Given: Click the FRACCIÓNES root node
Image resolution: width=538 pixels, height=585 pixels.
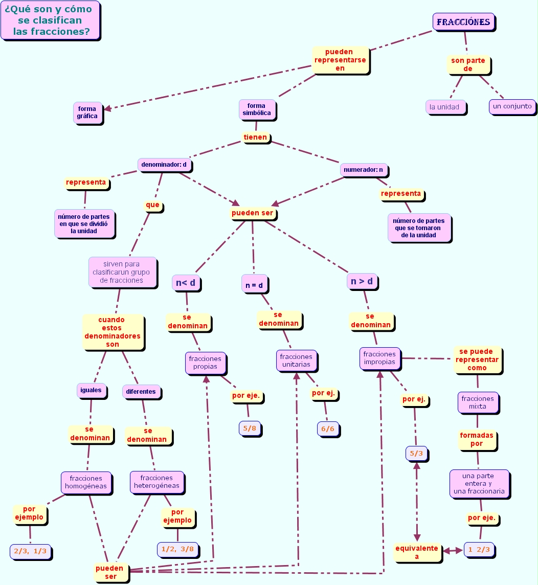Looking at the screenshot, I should point(463,22).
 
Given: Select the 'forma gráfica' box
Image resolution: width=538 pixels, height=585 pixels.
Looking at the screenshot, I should point(87,112).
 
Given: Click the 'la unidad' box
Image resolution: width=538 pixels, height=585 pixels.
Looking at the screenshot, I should point(445,107).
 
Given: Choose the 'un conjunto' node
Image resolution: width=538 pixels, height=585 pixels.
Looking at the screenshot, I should point(512,106).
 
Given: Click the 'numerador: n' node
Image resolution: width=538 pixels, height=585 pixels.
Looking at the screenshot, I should point(363,169).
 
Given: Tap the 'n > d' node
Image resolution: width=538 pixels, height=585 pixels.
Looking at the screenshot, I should point(362,281).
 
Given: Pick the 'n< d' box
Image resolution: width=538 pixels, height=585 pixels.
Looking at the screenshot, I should point(185,283).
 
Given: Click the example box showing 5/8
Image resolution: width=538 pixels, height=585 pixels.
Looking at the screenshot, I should point(250,428).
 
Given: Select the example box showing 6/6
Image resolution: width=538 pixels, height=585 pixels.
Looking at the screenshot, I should point(328,429).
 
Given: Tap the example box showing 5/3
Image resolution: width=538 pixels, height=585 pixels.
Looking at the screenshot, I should point(416,453).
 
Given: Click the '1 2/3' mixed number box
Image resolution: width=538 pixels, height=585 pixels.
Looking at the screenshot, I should point(479,550).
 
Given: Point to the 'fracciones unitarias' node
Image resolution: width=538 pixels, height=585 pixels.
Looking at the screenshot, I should point(296,361).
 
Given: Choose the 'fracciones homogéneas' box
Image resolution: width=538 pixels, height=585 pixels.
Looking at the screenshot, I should point(86,482).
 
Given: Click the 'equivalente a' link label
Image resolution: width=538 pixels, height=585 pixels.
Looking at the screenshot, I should point(417,552).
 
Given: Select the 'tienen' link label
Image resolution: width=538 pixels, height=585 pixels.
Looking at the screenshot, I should point(255,137).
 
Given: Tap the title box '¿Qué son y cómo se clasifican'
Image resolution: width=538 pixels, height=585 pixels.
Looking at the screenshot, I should point(50,20).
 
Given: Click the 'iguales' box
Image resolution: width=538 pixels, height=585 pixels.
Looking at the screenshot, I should point(91,390).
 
